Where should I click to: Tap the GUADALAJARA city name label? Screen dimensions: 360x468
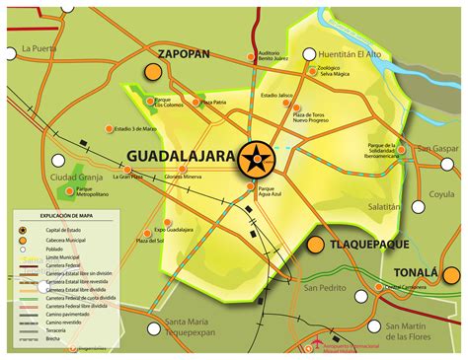(182, 157)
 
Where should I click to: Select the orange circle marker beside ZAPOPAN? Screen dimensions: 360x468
(153, 72)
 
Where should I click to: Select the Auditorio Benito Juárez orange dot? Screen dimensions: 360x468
(250, 57)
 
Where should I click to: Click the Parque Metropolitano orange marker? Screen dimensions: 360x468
(68, 190)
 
